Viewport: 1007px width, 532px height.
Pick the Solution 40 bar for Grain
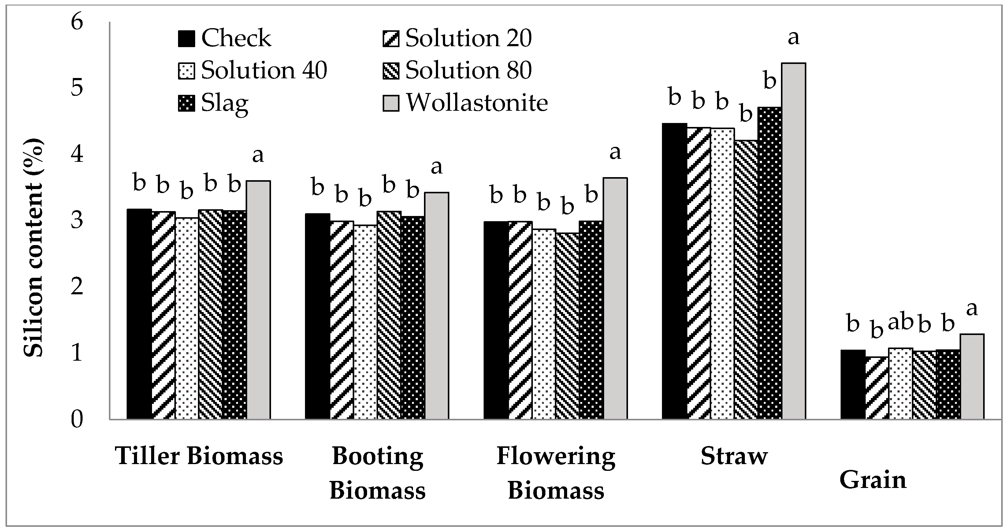tap(901, 383)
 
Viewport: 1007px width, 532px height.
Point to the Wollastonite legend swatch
tap(391, 103)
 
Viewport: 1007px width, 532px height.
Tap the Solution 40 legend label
tap(264, 70)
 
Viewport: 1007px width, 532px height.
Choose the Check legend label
tap(236, 38)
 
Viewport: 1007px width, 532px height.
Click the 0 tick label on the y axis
tap(77, 420)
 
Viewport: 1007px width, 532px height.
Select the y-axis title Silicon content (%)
tap(33, 248)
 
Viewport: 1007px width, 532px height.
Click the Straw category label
tap(734, 456)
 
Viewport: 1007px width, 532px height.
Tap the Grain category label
tap(872, 480)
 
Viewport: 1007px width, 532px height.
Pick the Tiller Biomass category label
tap(199, 456)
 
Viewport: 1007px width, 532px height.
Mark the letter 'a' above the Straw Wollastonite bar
tap(793, 38)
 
